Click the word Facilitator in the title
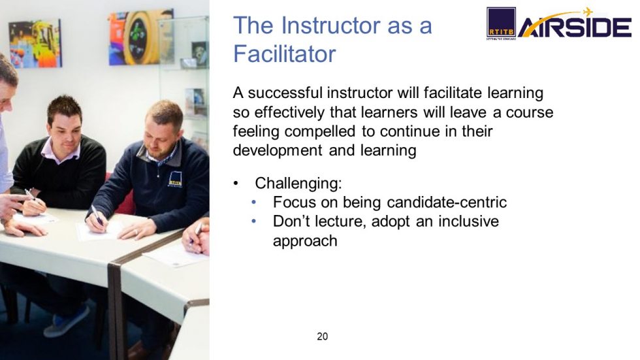coord(284,54)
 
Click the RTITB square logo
coord(501,23)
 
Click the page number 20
coord(322,337)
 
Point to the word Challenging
coord(298,182)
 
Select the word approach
coord(305,240)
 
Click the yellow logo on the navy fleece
coord(175,180)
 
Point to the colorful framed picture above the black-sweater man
coord(35,43)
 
